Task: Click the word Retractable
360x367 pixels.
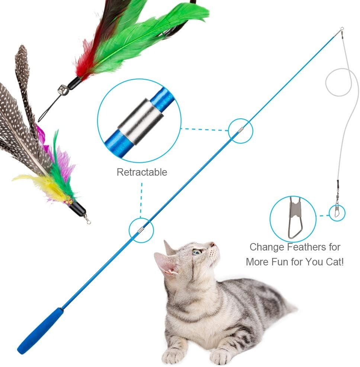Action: pyautogui.click(x=142, y=172)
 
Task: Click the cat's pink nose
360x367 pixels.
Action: pyautogui.click(x=212, y=245)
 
